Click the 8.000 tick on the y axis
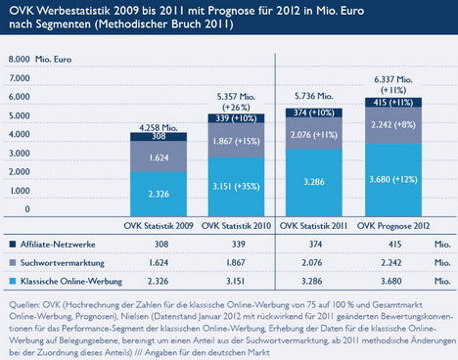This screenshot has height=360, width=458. coord(20,59)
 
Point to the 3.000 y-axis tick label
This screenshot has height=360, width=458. coord(20,153)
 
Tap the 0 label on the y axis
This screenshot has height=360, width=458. coord(27,209)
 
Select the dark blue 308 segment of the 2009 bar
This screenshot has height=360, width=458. coord(159,137)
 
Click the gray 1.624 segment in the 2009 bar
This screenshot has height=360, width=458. coord(159,157)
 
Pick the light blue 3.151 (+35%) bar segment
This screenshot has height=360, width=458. coord(236,187)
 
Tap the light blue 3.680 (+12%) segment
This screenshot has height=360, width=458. coord(393,180)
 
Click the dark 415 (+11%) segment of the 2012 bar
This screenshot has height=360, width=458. coord(393,103)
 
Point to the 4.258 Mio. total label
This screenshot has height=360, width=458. coord(159,128)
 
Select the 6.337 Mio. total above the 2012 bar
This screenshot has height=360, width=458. coord(393,79)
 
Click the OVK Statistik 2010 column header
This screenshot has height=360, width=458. coord(236,226)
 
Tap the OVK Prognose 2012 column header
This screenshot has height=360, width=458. coord(393,226)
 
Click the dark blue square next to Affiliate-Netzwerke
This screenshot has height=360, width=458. coord(13,245)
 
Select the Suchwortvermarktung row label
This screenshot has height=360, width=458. coord(63,263)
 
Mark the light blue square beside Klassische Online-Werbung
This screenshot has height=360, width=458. coord(13,281)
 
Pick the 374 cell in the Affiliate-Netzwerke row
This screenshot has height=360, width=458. coord(315,245)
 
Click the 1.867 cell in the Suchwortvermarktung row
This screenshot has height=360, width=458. coord(236,263)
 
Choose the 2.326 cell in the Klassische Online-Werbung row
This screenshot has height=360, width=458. coord(158,281)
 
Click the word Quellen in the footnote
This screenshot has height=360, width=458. coord(24,305)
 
